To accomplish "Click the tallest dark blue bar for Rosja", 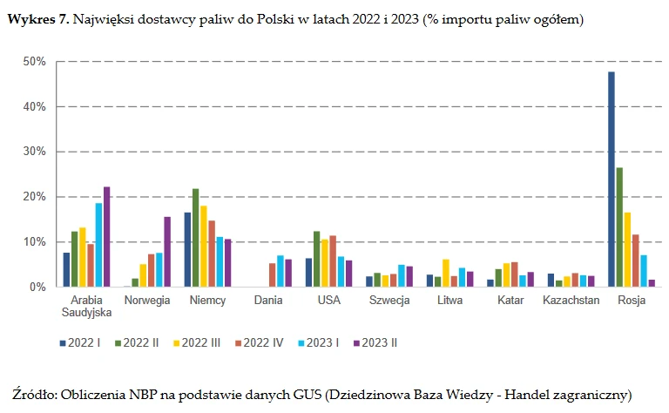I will click(x=612, y=179).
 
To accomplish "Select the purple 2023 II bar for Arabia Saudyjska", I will click(x=106, y=236).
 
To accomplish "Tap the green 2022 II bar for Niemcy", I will click(x=195, y=237).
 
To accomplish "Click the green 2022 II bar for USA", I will click(x=316, y=259).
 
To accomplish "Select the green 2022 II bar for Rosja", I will click(x=619, y=227).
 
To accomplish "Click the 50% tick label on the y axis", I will click(x=33, y=62).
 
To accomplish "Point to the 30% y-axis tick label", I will click(x=33, y=152).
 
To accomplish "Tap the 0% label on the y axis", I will click(x=37, y=287).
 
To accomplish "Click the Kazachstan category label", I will click(x=571, y=300).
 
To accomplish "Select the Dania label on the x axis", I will click(x=267, y=300).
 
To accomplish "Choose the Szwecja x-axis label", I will click(x=389, y=300).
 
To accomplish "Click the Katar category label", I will click(x=510, y=300).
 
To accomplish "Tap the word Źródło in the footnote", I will click(x=35, y=394).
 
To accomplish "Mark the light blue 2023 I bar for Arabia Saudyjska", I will click(x=98, y=245).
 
